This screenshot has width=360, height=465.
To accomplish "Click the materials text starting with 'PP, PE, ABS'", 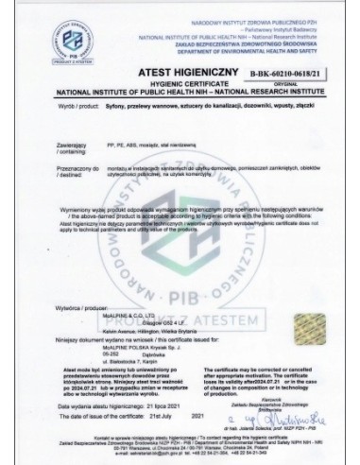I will point(151,163).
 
